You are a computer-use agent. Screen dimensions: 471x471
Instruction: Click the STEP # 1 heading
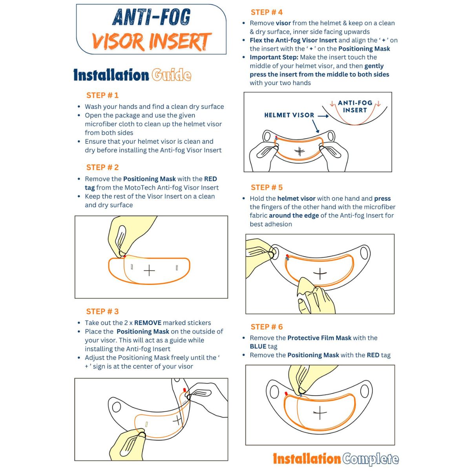pyautogui.click(x=102, y=95)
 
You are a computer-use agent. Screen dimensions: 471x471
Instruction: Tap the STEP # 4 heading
pyautogui.click(x=267, y=12)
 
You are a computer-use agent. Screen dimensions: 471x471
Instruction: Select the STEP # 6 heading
pyautogui.click(x=267, y=327)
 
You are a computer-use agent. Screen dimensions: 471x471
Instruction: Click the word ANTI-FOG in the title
pyautogui.click(x=151, y=17)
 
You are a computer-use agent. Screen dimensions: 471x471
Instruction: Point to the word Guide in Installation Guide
pyautogui.click(x=172, y=75)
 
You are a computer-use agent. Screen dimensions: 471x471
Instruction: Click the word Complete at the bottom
pyautogui.click(x=370, y=459)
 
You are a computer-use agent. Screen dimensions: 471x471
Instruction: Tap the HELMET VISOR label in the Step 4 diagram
pyautogui.click(x=289, y=115)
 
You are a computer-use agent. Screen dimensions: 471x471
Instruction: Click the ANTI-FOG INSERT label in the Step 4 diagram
pyautogui.click(x=355, y=107)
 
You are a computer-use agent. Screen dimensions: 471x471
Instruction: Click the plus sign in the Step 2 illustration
pyautogui.click(x=149, y=270)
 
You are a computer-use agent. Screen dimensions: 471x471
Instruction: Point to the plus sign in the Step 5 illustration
pyautogui.click(x=320, y=274)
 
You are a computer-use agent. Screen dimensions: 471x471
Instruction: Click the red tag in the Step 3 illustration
pyautogui.click(x=185, y=390)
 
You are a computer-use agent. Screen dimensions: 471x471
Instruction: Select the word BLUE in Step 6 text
pyautogui.click(x=258, y=346)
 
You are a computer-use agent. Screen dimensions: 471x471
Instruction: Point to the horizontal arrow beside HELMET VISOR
pyautogui.click(x=323, y=116)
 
